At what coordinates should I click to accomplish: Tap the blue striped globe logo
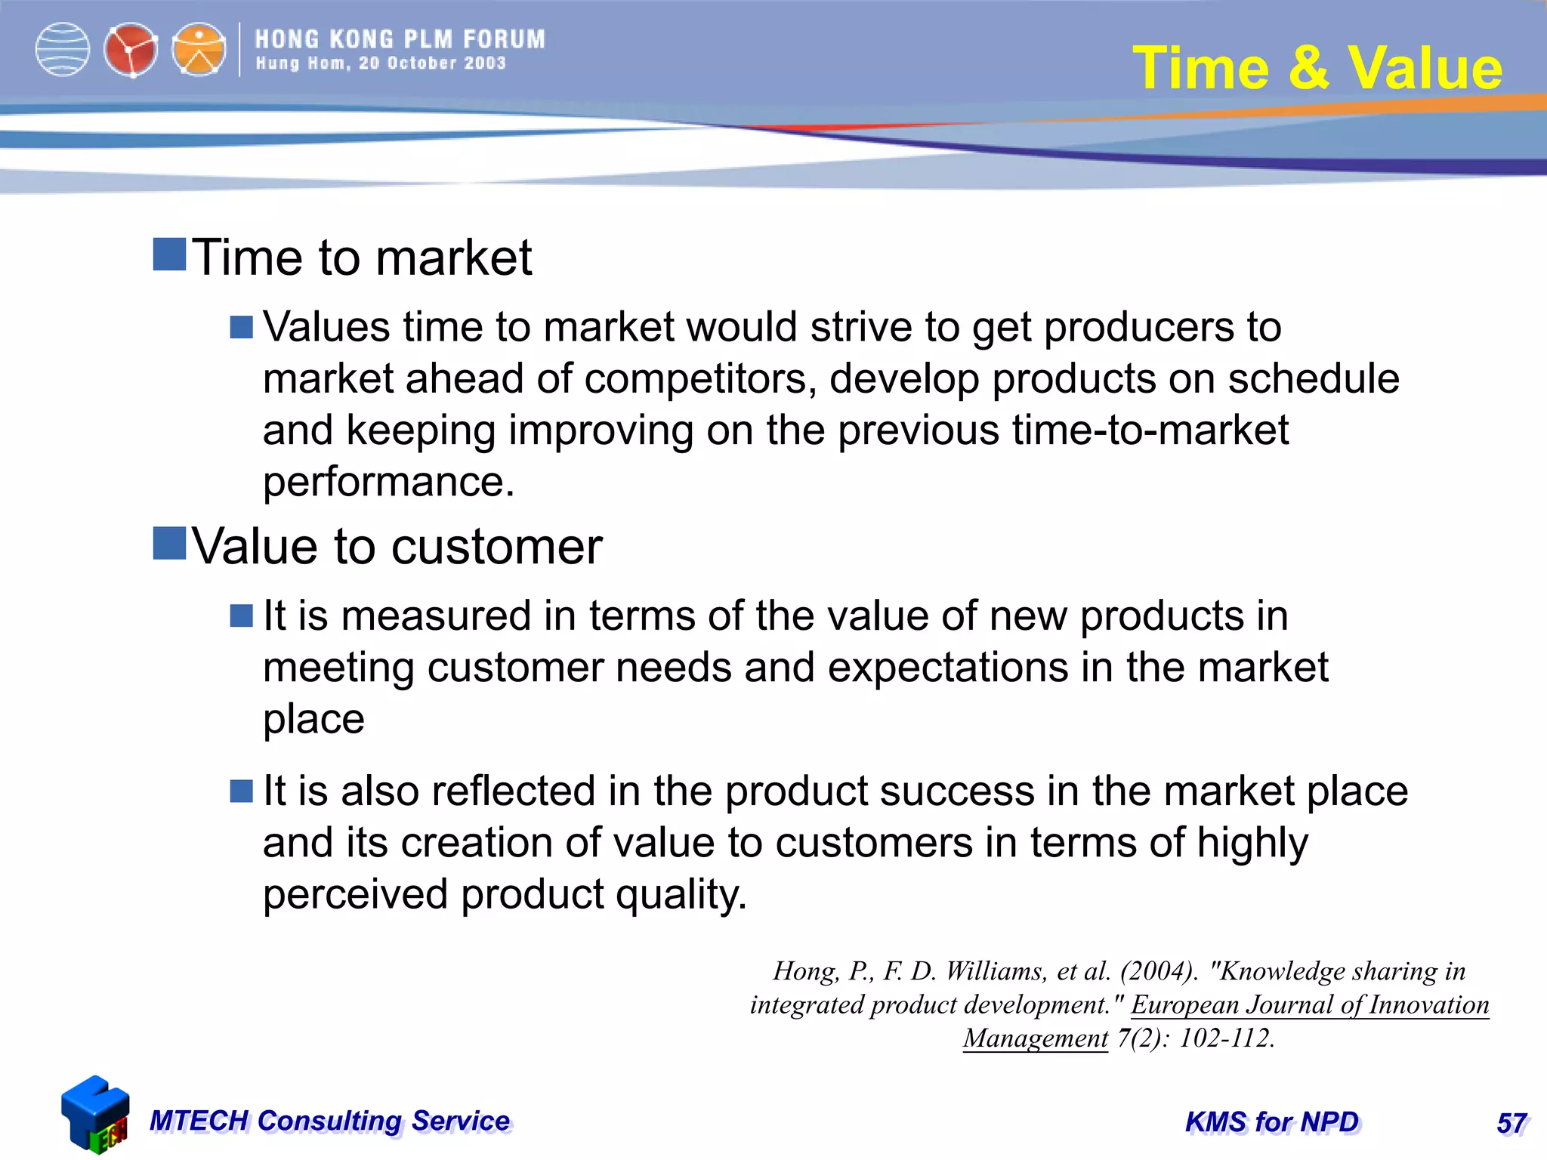(63, 50)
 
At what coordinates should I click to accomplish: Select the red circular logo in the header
(131, 50)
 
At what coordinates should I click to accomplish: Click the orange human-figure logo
(199, 50)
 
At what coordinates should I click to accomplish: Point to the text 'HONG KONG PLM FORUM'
(400, 39)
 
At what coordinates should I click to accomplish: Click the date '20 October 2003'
(432, 63)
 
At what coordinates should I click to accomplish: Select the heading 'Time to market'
(362, 258)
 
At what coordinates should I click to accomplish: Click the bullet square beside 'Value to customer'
(169, 544)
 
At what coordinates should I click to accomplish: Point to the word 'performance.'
(388, 482)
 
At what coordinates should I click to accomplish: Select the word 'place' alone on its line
(313, 719)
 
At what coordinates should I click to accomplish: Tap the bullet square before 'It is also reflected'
(241, 791)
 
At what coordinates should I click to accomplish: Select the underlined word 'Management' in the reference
(1035, 1038)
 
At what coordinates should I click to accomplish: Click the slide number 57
(1511, 1124)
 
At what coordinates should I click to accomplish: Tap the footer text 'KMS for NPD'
(1272, 1122)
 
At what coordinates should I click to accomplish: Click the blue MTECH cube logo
(94, 1114)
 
